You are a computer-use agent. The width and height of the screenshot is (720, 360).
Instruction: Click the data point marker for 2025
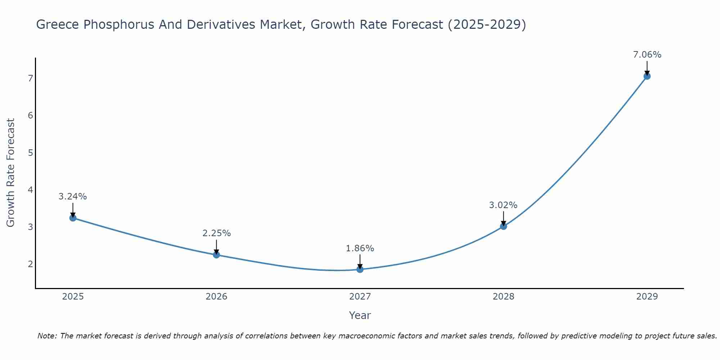coord(73,218)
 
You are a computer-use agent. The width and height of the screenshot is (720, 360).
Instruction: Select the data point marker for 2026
coord(216,255)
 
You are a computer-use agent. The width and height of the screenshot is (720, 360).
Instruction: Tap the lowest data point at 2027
coord(360,269)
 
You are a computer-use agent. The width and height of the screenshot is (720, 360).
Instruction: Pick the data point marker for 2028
coord(503,226)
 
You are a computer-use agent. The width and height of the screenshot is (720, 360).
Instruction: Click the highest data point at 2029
coord(647,76)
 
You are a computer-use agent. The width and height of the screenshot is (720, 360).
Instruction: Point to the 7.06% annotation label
coord(647,55)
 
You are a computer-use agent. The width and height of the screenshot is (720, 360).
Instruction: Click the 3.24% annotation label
coord(73,197)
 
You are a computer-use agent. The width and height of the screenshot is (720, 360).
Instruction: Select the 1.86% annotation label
coord(360,248)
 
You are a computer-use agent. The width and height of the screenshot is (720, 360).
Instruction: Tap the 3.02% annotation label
coord(503,205)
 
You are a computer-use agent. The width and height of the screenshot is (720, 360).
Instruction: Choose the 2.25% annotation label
coord(216,233)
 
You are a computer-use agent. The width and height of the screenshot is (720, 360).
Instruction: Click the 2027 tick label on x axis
coord(360,297)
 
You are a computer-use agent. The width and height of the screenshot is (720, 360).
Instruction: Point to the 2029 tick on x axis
coord(647,297)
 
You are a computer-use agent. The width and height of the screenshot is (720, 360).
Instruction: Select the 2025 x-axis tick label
coord(73,297)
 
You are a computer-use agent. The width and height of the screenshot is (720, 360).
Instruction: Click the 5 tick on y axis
coord(30,153)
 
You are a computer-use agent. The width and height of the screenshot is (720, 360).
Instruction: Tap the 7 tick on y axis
coord(30,78)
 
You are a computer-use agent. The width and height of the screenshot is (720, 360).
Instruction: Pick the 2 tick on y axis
coord(30,264)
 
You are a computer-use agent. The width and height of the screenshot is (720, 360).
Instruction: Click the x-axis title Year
coord(360,315)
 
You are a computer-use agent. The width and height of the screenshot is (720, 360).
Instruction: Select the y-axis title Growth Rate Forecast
coord(11,173)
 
